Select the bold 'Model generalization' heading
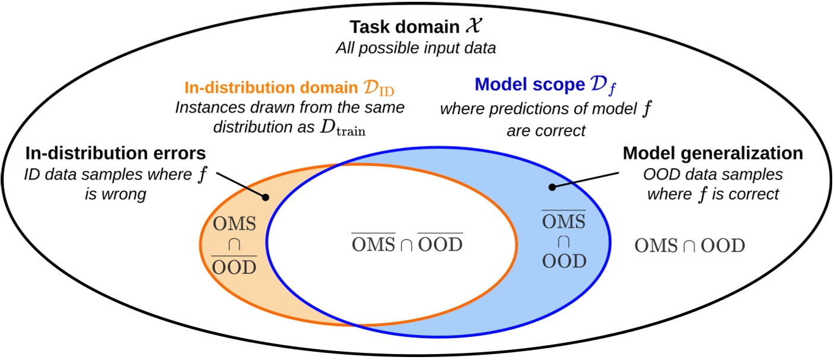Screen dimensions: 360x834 (712, 153)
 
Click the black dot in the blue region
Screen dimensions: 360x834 (552, 187)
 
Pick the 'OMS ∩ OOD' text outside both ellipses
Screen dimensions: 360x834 (690, 246)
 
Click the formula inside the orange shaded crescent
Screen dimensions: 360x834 (235, 245)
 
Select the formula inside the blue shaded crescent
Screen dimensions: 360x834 (564, 241)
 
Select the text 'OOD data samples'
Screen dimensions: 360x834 (713, 174)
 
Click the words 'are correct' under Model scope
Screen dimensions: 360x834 (545, 130)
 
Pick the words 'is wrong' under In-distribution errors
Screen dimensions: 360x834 (116, 194)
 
